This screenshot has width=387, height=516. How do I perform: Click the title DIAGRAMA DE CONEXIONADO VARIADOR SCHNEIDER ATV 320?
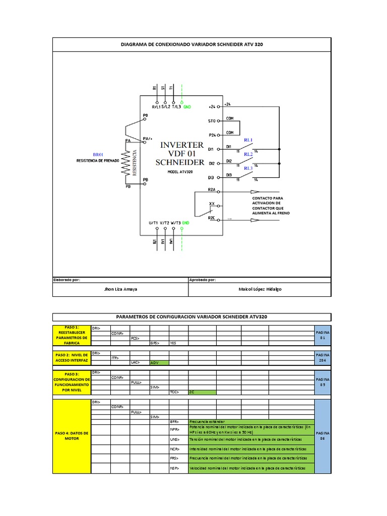192,44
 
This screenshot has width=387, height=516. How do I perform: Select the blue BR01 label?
98,154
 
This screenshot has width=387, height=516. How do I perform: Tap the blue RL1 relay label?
248,140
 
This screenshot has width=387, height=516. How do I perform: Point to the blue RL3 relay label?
248,168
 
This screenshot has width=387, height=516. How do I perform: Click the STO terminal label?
211,121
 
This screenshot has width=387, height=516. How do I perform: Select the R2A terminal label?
212,189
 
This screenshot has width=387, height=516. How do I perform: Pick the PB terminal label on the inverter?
146,179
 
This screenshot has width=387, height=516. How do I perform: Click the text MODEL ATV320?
180,171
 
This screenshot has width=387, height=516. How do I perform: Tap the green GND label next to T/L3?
187,107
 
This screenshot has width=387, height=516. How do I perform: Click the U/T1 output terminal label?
155,222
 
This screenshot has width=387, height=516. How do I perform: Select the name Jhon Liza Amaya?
120,290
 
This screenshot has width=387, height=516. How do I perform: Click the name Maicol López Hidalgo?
260,290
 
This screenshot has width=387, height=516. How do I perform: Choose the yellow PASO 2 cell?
72,358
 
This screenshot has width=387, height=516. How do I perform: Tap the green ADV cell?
159,362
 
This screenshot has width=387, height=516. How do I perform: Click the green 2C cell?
202,392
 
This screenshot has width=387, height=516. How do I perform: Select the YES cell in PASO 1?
178,343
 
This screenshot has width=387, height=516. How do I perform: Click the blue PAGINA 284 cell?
322,358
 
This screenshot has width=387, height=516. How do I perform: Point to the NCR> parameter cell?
178,448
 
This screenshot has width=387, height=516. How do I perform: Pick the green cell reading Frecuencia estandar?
251,421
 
